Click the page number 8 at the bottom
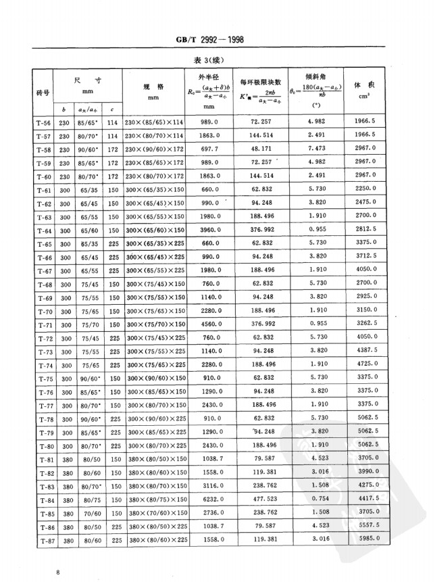59,573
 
